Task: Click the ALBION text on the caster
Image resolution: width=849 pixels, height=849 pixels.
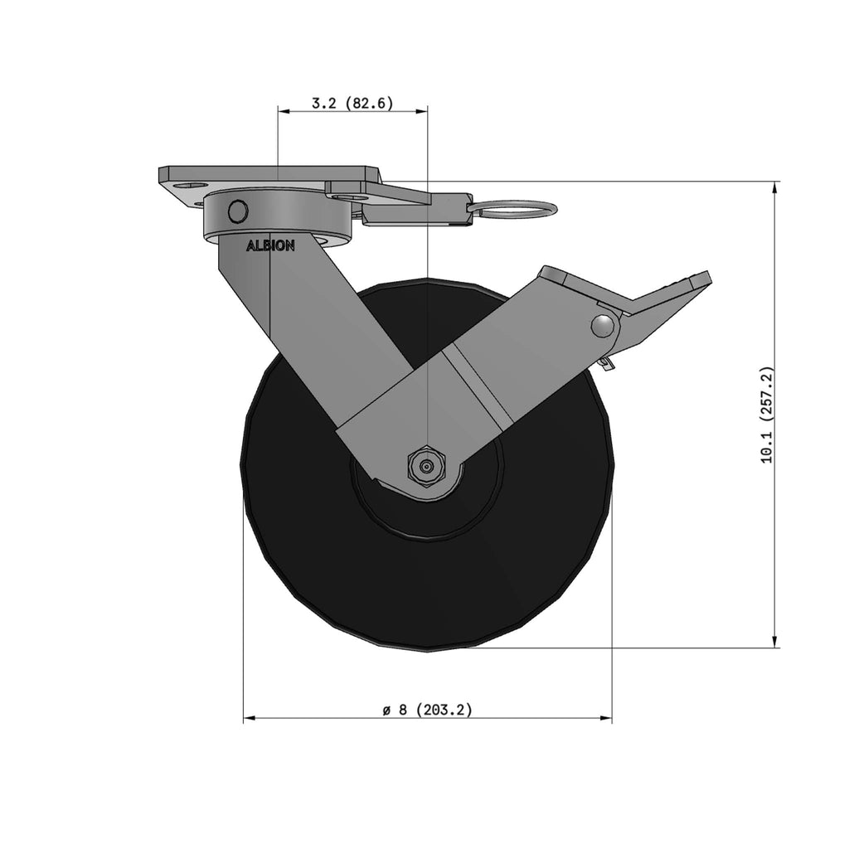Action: point(270,245)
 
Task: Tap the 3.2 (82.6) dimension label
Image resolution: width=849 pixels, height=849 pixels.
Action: point(352,103)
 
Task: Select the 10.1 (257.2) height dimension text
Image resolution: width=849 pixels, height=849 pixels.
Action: point(767,415)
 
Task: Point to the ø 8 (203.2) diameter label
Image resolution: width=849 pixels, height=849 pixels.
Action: point(427,710)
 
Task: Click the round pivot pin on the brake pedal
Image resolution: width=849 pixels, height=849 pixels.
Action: point(604,325)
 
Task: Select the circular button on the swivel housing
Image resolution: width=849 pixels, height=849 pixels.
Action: point(238,211)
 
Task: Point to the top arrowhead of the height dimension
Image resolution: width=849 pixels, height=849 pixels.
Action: point(775,187)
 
